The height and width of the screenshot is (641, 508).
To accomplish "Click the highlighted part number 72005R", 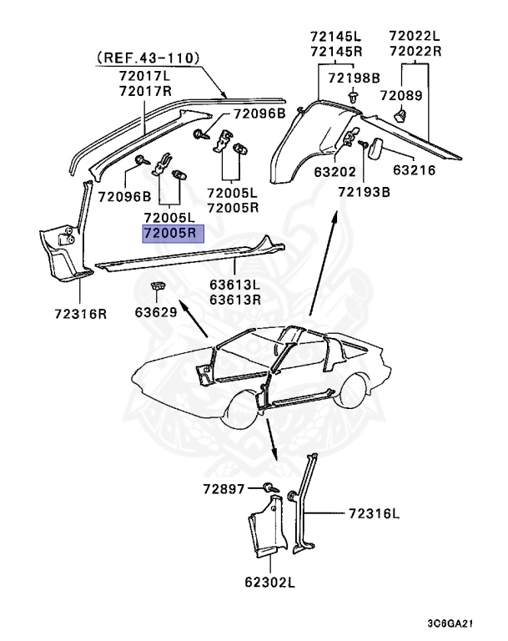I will pyautogui.click(x=173, y=235).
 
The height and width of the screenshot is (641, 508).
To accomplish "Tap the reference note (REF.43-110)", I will pyautogui.click(x=148, y=58).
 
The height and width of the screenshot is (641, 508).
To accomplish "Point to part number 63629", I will pyautogui.click(x=157, y=314).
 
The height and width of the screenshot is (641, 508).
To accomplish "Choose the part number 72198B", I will pyautogui.click(x=354, y=78).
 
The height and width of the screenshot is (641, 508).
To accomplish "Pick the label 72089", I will pyautogui.click(x=402, y=95).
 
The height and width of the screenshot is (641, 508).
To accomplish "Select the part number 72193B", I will pyautogui.click(x=365, y=192).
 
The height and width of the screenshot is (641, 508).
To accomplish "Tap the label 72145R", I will pyautogui.click(x=335, y=51).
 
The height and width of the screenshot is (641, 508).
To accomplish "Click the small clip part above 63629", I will pyautogui.click(x=157, y=288).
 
